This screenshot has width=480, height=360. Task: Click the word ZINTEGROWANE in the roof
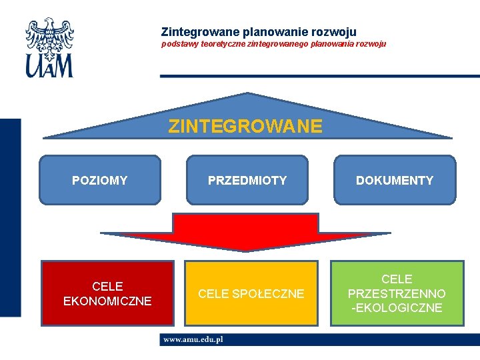(245, 126)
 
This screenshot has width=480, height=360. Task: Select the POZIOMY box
(100, 180)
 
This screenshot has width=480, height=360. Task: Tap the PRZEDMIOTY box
(247, 180)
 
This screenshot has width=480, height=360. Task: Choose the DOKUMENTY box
(395, 180)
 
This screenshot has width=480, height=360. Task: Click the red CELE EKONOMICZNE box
(107, 293)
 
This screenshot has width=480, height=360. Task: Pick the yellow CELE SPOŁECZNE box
(251, 293)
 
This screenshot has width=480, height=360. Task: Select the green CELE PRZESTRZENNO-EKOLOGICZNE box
(397, 293)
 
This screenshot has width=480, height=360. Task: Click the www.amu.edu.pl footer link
(193, 339)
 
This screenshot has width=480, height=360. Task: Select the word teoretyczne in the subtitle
(218, 45)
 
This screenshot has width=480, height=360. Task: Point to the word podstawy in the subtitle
(177, 45)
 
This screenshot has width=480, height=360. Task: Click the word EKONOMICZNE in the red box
(107, 301)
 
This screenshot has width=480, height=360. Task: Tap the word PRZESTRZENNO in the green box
(397, 294)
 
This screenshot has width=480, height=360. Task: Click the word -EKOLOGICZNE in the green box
(397, 308)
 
